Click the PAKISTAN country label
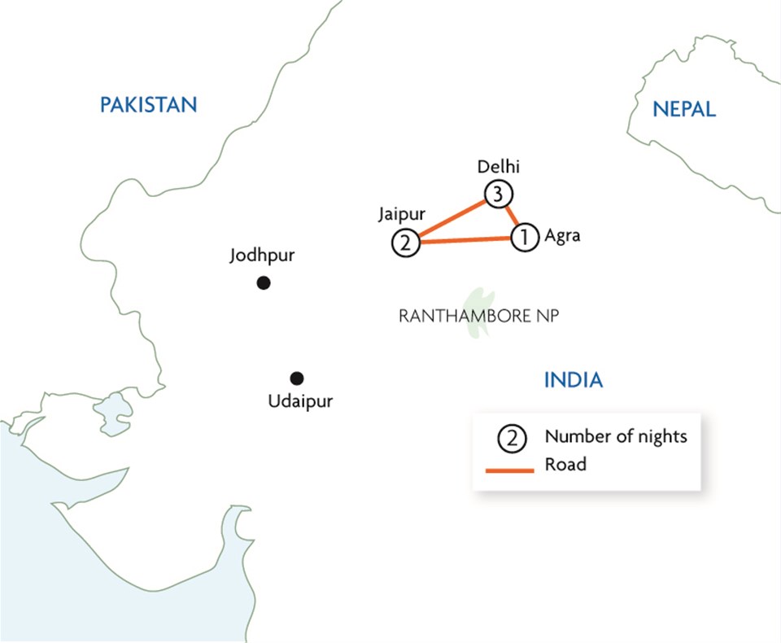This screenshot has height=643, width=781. tap(148, 105)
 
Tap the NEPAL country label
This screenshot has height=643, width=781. tap(684, 109)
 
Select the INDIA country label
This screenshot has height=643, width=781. tap(573, 379)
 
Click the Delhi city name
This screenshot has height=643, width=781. tap(498, 168)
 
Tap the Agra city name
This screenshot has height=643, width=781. tap(563, 236)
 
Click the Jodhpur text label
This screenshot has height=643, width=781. tap(262, 256)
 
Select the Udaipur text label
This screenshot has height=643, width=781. tap(300, 401)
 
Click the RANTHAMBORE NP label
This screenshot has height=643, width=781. tap(479, 317)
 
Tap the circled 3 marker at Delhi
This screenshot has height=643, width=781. tap(498, 195)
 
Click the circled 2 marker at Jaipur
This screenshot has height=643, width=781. tap(405, 242)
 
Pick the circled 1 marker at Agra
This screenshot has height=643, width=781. tap(525, 237)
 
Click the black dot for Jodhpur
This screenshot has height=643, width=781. tap(263, 283)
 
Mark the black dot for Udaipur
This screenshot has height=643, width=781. tap(297, 378)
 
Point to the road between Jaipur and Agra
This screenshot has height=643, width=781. tap(465, 239)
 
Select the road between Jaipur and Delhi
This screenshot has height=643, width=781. tap(452, 218)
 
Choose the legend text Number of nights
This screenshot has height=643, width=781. tap(616, 436)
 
